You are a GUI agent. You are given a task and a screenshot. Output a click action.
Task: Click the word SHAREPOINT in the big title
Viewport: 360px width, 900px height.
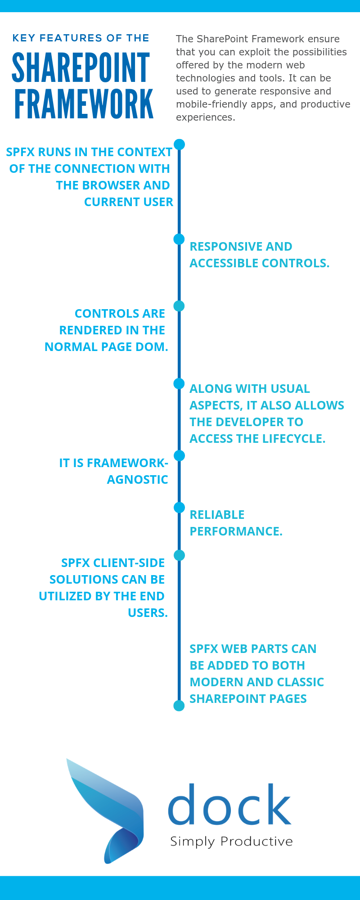click(x=81, y=67)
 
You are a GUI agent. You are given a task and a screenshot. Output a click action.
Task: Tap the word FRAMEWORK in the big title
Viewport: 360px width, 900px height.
click(x=84, y=104)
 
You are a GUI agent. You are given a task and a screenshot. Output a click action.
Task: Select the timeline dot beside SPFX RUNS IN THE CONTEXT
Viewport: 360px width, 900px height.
click(x=179, y=144)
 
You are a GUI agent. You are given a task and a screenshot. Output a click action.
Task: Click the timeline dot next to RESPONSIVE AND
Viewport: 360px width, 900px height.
click(x=179, y=239)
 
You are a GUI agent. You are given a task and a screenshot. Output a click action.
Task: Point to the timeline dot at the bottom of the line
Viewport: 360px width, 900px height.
click(x=179, y=706)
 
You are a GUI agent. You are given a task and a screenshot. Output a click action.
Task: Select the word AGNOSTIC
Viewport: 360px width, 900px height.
click(x=137, y=480)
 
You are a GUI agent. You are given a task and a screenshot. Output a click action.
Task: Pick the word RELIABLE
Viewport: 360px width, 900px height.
click(x=217, y=515)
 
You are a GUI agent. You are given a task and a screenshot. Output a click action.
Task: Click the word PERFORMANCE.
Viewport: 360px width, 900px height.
click(x=236, y=531)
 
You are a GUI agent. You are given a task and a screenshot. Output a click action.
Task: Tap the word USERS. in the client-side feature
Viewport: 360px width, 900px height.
click(x=148, y=613)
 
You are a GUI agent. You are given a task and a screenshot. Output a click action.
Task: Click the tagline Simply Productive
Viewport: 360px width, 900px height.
click(x=231, y=841)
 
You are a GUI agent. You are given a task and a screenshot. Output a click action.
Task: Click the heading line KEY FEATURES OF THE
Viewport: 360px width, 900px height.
click(x=81, y=38)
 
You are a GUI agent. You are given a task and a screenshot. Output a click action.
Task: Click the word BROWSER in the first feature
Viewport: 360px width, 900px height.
click(x=104, y=185)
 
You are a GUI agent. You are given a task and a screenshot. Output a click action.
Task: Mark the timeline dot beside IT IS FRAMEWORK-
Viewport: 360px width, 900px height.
click(x=179, y=456)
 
